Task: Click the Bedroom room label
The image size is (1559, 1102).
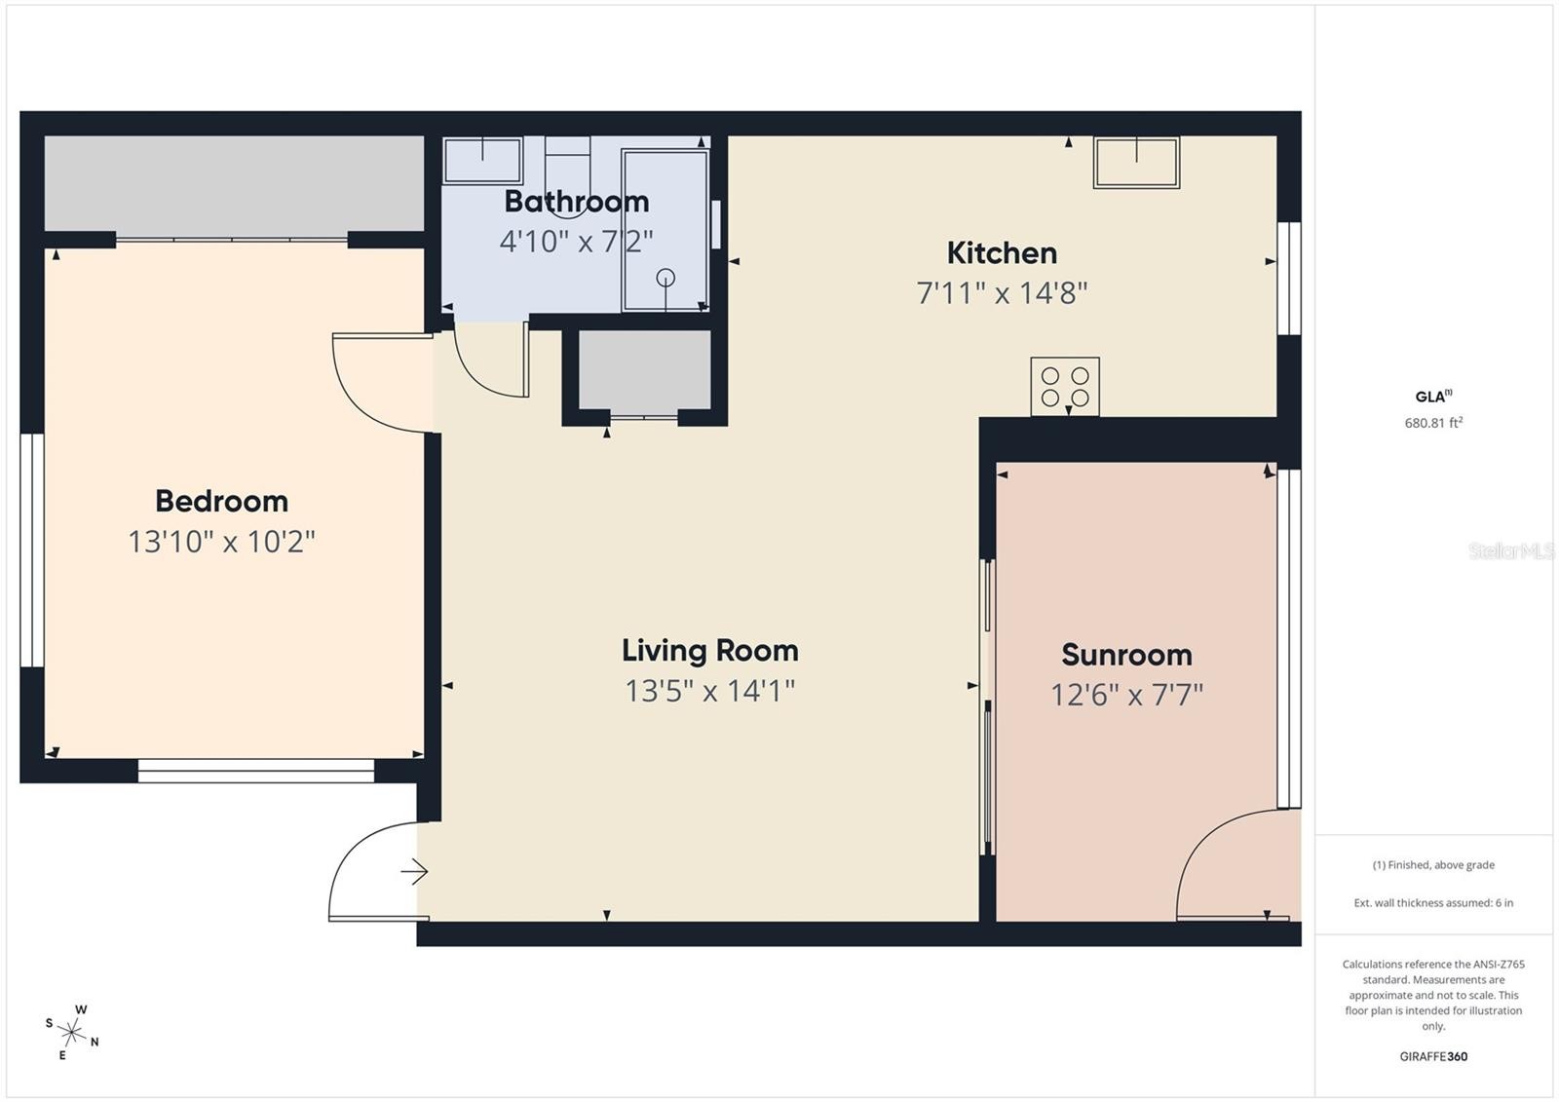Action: click(221, 501)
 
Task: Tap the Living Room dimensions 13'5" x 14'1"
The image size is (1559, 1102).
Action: click(709, 691)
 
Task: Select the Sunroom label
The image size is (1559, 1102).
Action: click(1126, 655)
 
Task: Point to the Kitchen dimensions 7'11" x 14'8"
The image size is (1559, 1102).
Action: click(1002, 292)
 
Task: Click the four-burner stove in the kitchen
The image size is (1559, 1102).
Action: click(1065, 386)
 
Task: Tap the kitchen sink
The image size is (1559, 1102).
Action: click(1136, 162)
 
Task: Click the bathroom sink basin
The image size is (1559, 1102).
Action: click(483, 160)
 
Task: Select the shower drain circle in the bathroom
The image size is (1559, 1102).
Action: click(665, 278)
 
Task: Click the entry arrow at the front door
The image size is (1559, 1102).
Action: click(415, 871)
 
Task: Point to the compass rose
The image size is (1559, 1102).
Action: click(72, 1031)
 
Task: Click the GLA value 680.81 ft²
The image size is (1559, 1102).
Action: click(1433, 423)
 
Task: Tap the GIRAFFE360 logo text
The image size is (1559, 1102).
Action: click(1433, 1056)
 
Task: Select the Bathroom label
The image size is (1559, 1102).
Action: click(576, 202)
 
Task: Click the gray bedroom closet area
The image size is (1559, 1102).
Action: click(234, 183)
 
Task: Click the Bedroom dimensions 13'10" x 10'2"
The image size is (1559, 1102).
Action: click(221, 542)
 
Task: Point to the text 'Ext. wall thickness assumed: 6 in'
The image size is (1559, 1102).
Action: click(1433, 902)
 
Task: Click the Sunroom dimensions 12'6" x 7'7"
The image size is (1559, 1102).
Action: click(1126, 695)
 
